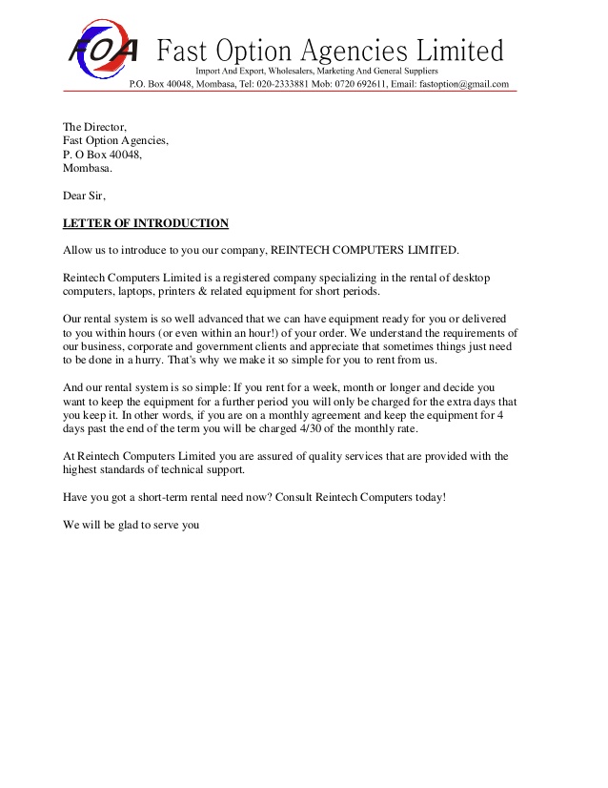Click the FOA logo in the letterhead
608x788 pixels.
click(x=103, y=48)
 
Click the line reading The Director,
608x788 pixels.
click(x=94, y=127)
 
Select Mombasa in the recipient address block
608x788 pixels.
click(x=87, y=168)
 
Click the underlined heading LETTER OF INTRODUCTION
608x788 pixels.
click(x=146, y=223)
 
